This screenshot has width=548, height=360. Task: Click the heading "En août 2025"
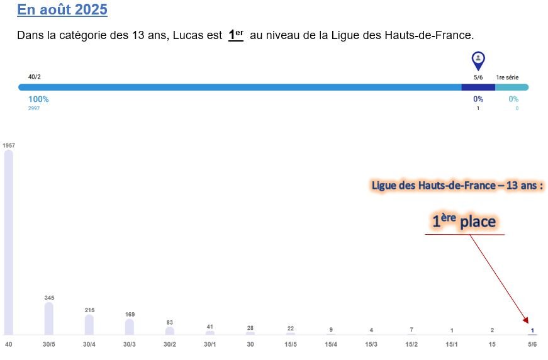(x=62, y=10)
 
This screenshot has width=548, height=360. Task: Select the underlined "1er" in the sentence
(x=235, y=35)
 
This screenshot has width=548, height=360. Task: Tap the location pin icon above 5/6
(x=478, y=60)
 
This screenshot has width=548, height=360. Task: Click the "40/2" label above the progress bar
(x=35, y=77)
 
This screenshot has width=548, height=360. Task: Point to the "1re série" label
(x=507, y=77)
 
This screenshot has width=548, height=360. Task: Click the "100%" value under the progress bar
(x=38, y=99)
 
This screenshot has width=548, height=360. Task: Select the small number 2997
(x=34, y=108)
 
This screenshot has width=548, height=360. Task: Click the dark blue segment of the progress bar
(x=478, y=87)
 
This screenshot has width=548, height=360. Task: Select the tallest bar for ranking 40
(x=9, y=242)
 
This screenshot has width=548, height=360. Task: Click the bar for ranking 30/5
(x=49, y=318)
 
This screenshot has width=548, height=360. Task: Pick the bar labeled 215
(x=89, y=325)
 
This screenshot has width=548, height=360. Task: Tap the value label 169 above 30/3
(x=130, y=314)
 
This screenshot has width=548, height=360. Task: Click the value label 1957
(x=9, y=145)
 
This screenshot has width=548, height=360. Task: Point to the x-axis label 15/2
(x=411, y=344)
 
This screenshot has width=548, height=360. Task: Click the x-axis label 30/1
(x=210, y=344)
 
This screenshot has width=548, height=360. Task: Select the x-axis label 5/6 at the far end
(x=532, y=344)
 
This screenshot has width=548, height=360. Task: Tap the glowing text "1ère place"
(x=464, y=222)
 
